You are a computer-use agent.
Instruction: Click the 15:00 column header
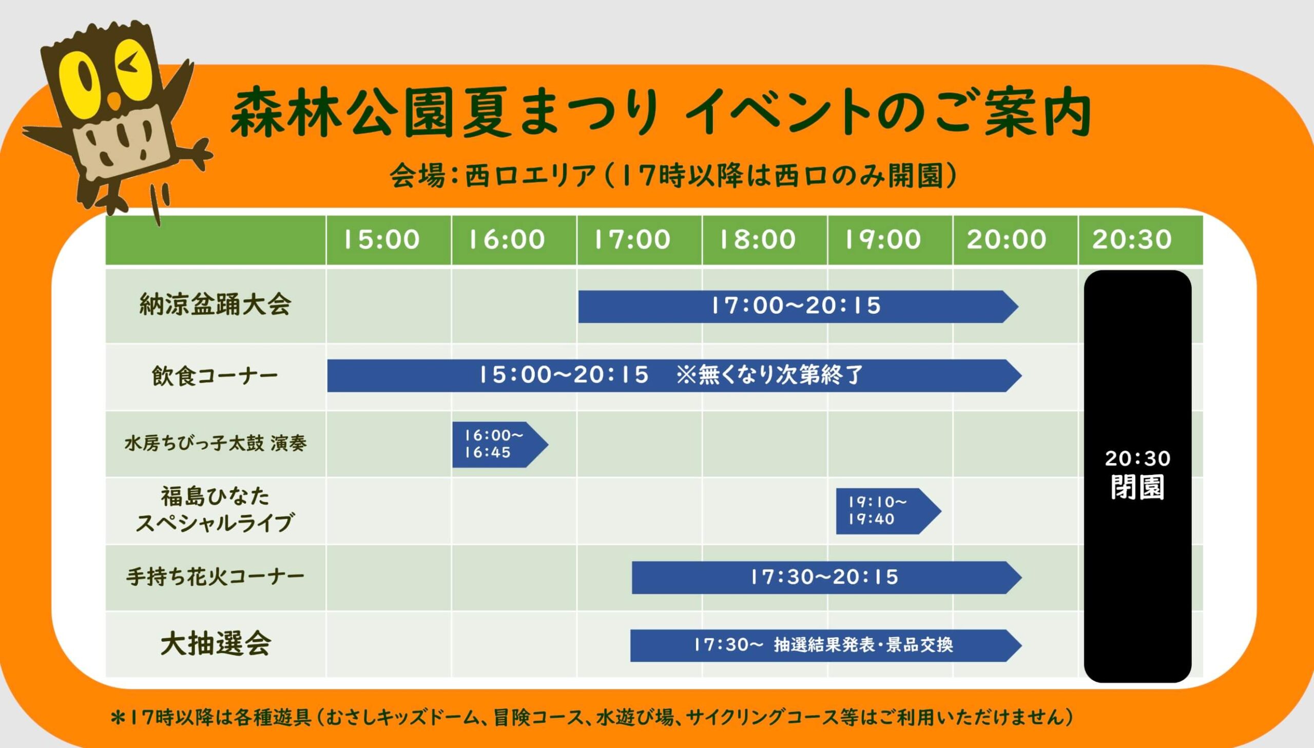pyautogui.click(x=381, y=240)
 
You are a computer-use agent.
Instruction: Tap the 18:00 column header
pyautogui.click(x=758, y=240)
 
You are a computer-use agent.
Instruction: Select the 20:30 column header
pyautogui.click(x=1132, y=240)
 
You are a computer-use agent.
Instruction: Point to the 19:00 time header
pyautogui.click(x=883, y=240)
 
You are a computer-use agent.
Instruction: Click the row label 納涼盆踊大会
pyautogui.click(x=215, y=304)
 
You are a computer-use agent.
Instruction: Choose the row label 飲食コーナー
pyautogui.click(x=215, y=376)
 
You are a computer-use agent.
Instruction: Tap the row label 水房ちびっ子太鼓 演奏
pyautogui.click(x=215, y=443)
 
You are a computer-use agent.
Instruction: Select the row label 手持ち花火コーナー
pyautogui.click(x=215, y=577)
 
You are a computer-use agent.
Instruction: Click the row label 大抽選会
pyautogui.click(x=216, y=643)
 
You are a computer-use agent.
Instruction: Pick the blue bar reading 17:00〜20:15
pyautogui.click(x=798, y=306)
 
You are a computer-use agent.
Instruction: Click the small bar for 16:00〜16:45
pyautogui.click(x=500, y=445)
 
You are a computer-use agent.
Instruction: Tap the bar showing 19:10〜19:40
pyautogui.click(x=888, y=511)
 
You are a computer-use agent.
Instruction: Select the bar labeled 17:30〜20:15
pyautogui.click(x=826, y=578)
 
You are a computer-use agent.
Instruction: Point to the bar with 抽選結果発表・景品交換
pyautogui.click(x=826, y=645)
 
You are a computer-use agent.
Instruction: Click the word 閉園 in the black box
pyautogui.click(x=1137, y=487)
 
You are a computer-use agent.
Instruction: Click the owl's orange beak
pyautogui.click(x=116, y=102)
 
